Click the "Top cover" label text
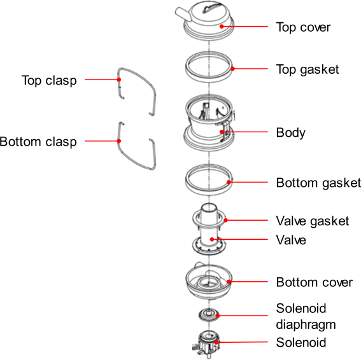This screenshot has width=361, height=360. tap(303, 27)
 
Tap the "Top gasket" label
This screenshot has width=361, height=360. tap(308, 69)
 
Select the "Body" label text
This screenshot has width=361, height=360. tap(291, 133)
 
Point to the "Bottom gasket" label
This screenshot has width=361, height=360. tap(318, 183)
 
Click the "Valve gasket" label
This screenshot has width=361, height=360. tap(313, 221)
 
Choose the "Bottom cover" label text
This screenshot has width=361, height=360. tap(315, 282)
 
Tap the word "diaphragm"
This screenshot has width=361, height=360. tap(306, 325)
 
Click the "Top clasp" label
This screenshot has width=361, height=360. tap(49, 81)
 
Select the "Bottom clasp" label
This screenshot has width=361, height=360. tap(38, 142)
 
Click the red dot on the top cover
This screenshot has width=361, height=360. tap(222, 27)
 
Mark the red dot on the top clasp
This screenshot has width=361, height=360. tap(119, 80)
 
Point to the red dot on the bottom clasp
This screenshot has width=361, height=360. tap(119, 141)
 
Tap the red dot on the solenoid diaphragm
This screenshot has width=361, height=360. tap(217, 315)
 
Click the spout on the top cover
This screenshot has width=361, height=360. tap(183, 14)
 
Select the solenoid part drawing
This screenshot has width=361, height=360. tap(206, 344)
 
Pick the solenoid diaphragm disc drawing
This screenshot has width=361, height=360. tap(209, 315)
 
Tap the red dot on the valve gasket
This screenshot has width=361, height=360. tap(225, 220)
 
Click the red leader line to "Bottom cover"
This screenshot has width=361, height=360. tap(248, 282)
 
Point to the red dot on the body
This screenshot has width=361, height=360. tap(222, 132)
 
